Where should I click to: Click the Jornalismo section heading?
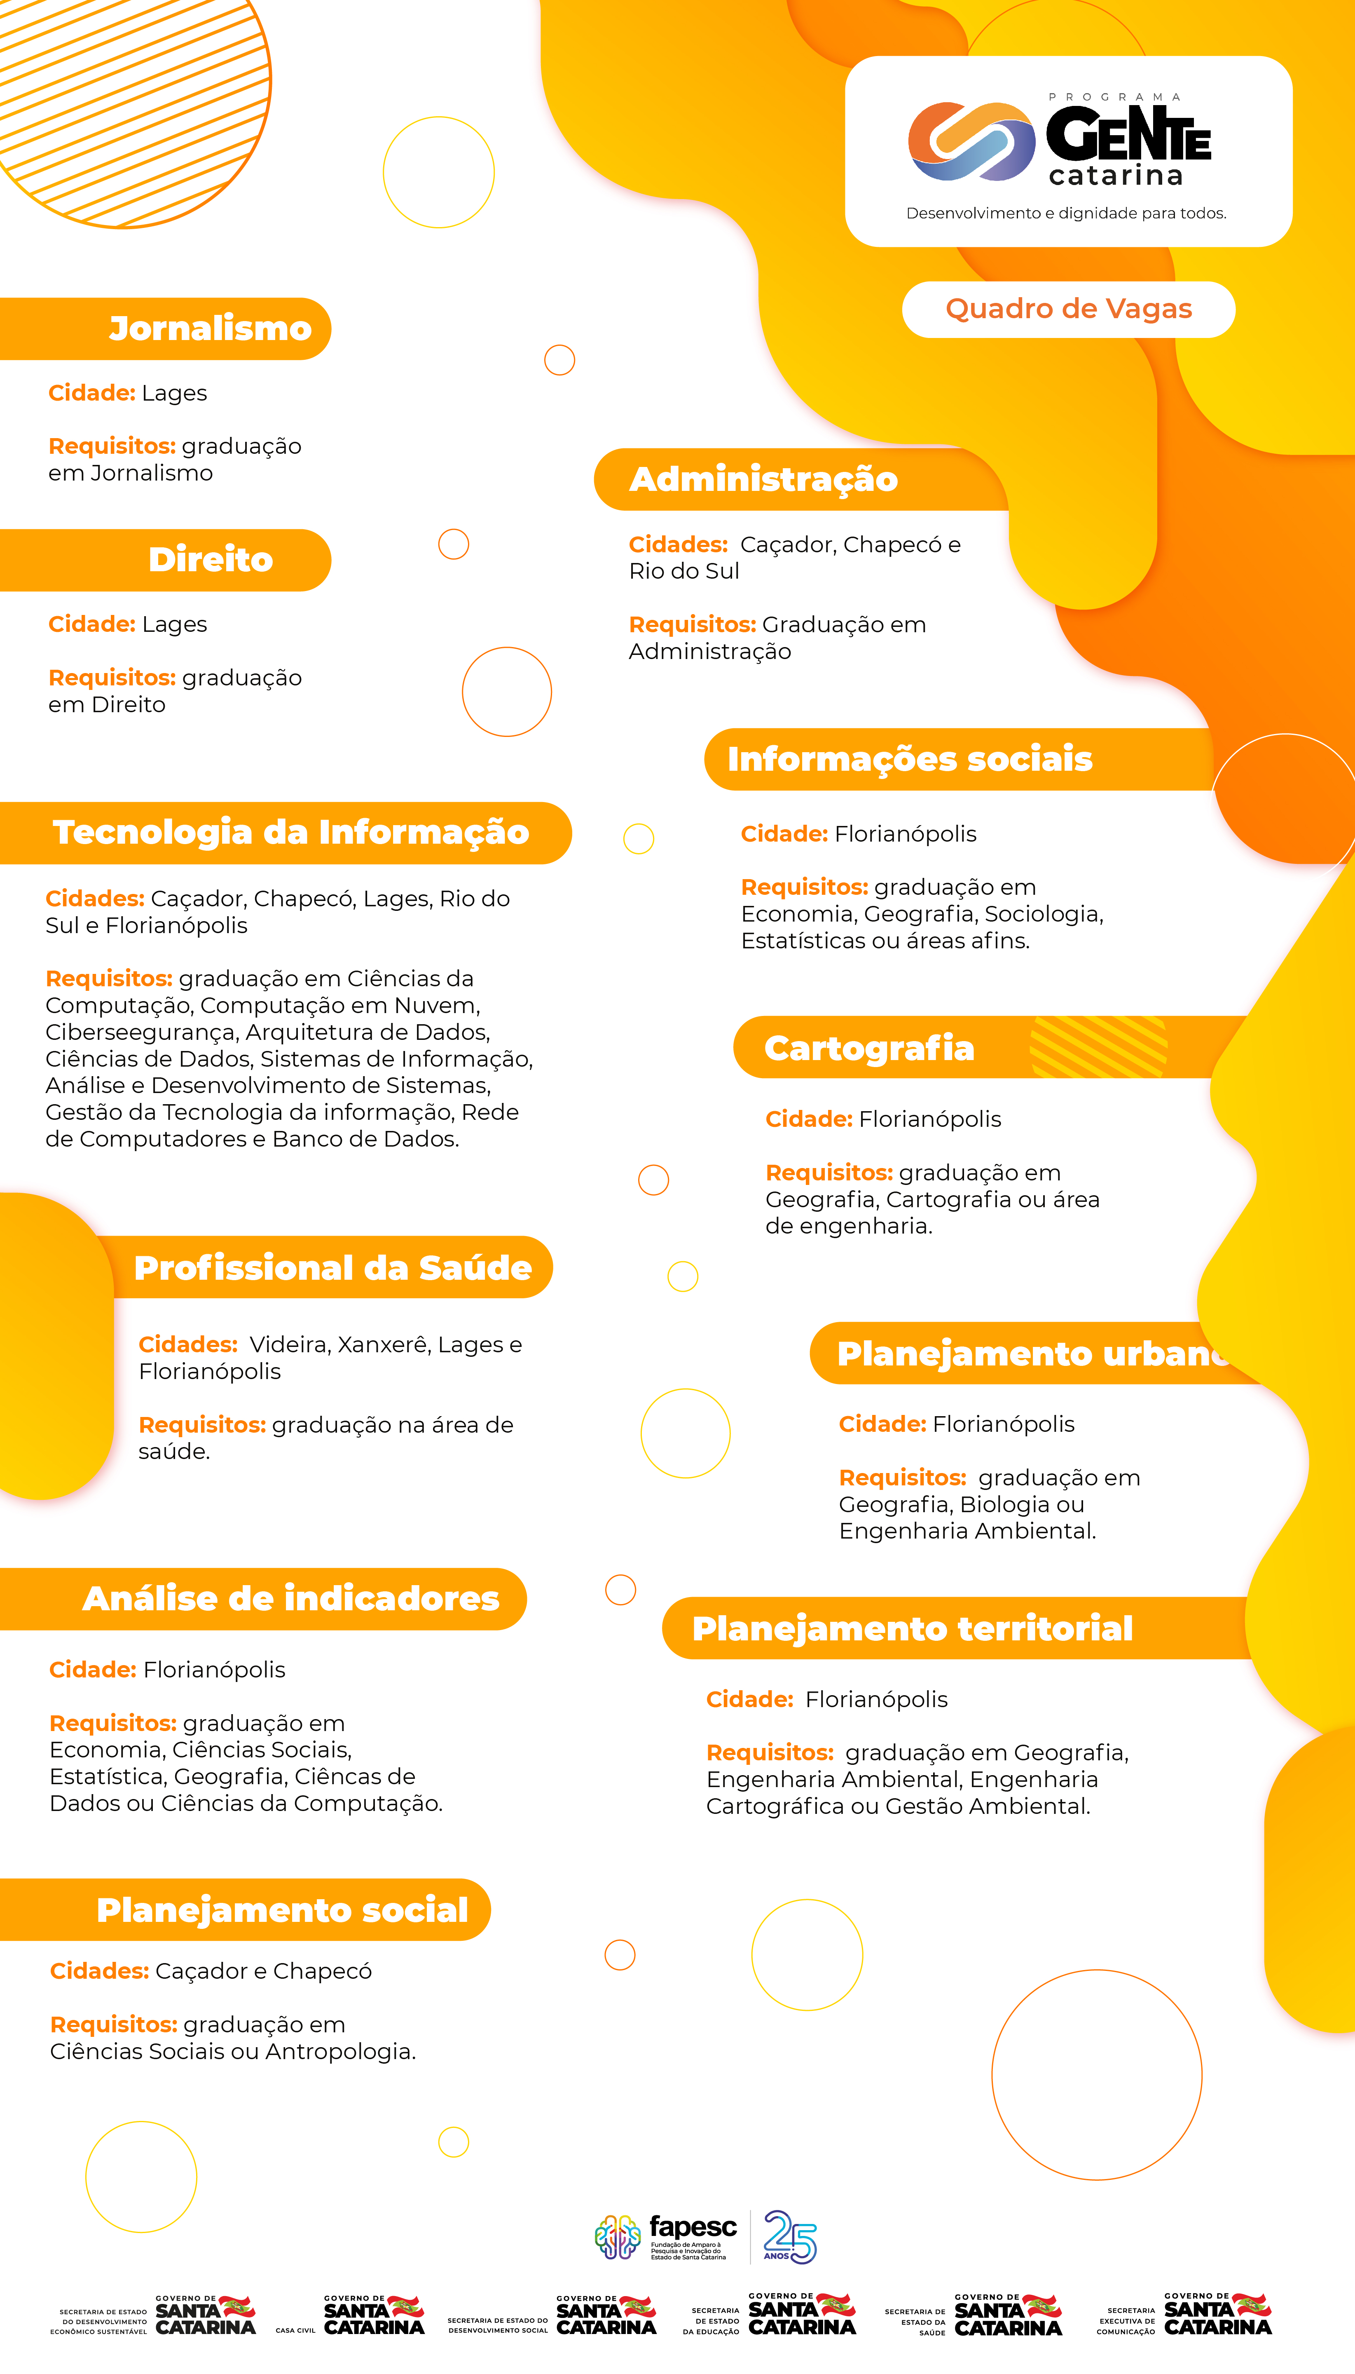211,328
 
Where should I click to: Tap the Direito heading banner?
211,560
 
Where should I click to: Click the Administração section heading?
763,479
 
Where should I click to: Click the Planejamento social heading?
282,1910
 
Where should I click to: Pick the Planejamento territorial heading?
912,1628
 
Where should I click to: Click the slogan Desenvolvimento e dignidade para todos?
1065,213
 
